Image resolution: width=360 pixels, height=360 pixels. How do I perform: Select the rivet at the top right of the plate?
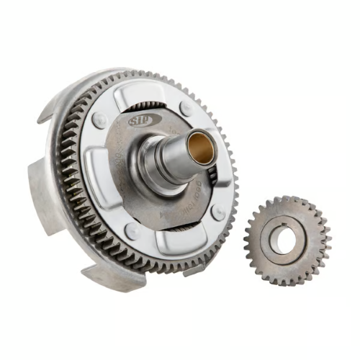[x=187, y=108]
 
